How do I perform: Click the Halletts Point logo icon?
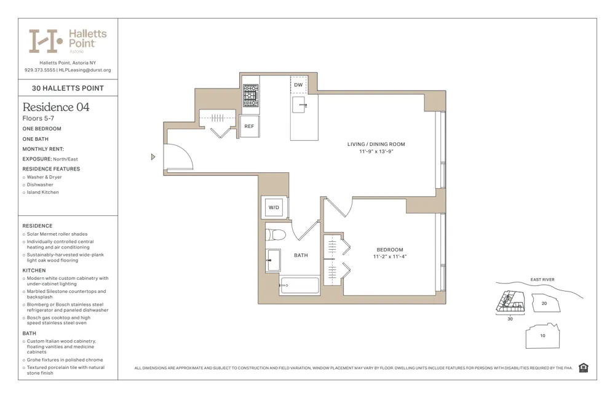(x=46, y=41)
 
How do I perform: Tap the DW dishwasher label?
(x=298, y=85)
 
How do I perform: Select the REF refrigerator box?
(x=249, y=126)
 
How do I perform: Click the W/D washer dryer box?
(x=274, y=207)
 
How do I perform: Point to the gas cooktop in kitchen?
(x=250, y=96)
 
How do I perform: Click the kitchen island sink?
(x=299, y=104)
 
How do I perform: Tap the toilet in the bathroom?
(x=276, y=234)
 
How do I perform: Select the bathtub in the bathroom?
(x=300, y=285)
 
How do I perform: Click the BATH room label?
(x=301, y=255)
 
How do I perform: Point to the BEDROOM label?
(x=390, y=250)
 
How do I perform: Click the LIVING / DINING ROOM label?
(x=376, y=145)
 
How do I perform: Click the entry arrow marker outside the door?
(x=153, y=157)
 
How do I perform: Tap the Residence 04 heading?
(x=56, y=107)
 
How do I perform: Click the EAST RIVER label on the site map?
(x=542, y=280)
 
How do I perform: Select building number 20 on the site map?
(x=544, y=303)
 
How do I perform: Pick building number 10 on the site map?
(x=542, y=336)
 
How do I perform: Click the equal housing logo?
(x=583, y=368)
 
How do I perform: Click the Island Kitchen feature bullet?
(x=42, y=193)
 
